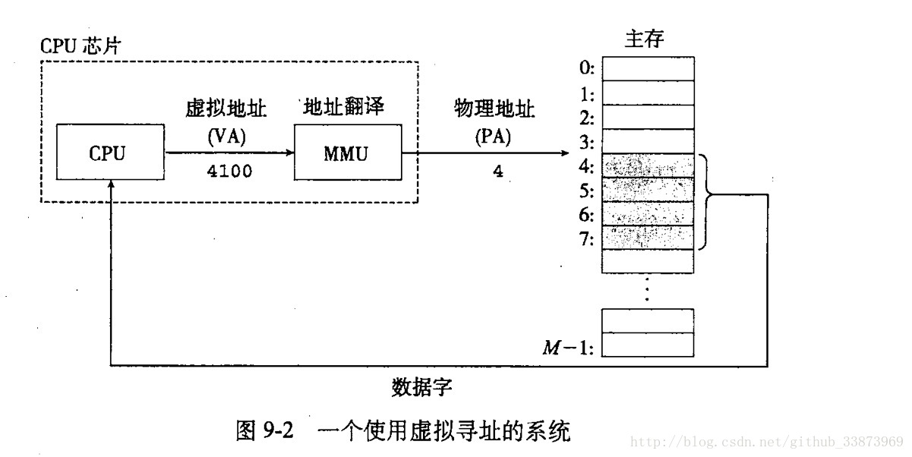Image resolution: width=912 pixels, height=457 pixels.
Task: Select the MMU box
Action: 346,153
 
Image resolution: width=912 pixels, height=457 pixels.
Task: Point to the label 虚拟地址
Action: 227,109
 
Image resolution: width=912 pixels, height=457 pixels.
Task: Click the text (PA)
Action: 494,139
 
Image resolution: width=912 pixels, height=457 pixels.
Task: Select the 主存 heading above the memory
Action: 645,39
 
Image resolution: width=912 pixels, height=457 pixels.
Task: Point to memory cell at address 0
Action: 648,69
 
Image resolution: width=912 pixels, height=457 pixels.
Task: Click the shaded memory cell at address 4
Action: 648,165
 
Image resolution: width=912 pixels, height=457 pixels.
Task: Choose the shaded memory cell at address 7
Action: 648,238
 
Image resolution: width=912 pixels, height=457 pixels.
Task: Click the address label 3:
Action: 585,142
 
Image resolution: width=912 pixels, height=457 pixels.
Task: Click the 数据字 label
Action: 422,388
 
